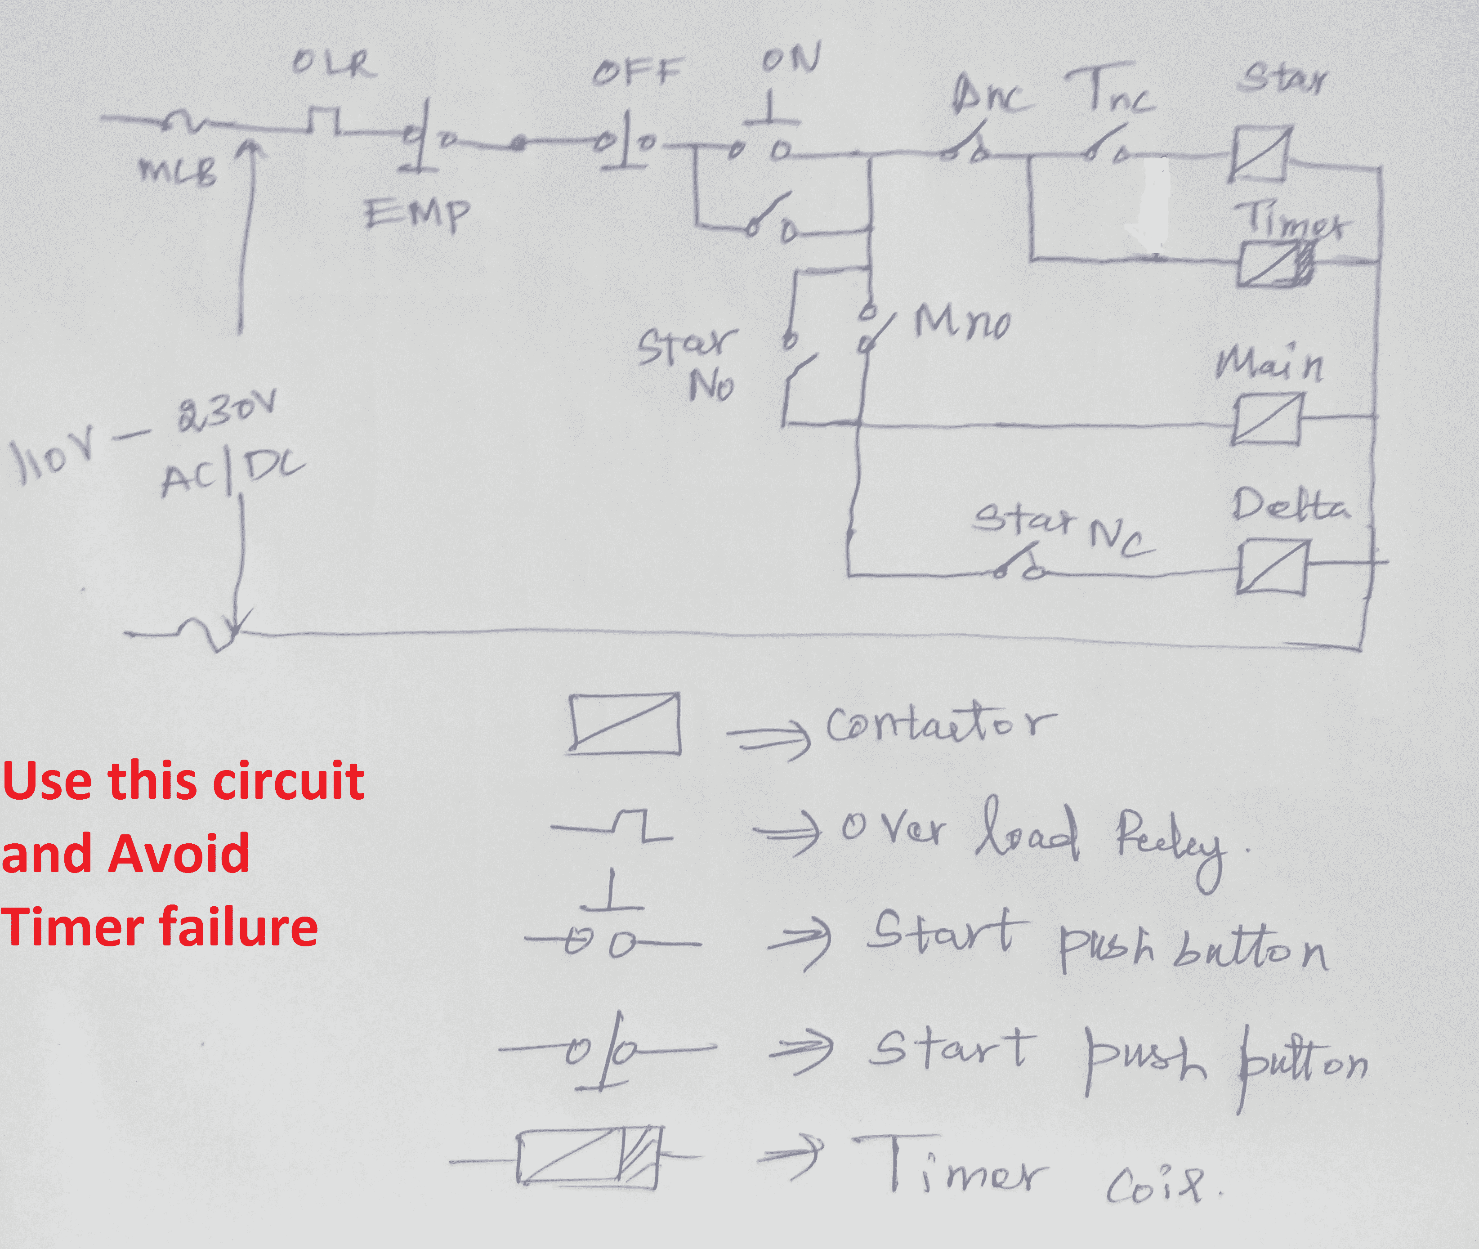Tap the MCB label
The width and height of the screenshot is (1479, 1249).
coord(178,170)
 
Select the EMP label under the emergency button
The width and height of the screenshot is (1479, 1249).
coord(416,213)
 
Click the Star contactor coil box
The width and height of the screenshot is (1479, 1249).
coord(1261,154)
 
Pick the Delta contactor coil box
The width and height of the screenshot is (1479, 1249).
coord(1272,566)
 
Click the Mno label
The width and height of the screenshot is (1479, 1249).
coord(962,323)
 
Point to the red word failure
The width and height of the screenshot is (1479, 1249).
coord(238,927)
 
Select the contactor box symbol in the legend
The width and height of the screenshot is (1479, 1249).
coord(625,724)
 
